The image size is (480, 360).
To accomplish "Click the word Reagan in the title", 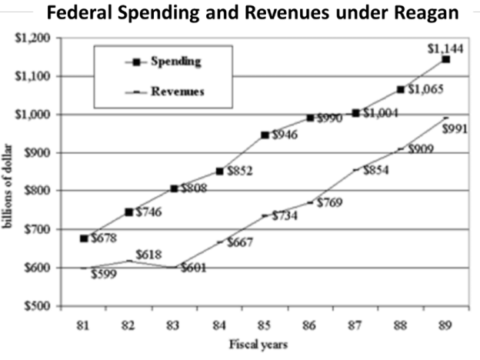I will click(424, 14).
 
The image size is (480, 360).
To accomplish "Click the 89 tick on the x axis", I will click(446, 322).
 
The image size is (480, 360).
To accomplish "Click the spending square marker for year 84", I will click(219, 171).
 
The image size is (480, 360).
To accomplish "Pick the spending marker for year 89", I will click(446, 59).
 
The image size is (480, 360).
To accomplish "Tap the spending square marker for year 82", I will click(129, 212).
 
